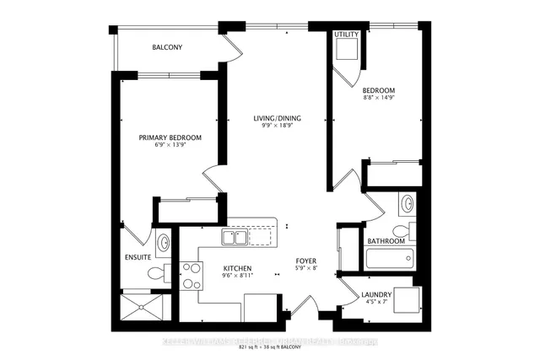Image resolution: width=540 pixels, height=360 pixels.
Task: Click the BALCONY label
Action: pos(167,47)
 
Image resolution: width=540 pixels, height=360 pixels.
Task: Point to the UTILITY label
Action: pos(346,35)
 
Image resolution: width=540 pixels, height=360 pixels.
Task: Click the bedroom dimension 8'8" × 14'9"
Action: pos(379,97)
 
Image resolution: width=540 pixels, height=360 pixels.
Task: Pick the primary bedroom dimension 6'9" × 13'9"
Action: pos(170,147)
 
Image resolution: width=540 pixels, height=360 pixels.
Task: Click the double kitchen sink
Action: pos(235,239)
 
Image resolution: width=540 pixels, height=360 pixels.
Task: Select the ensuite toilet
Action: pos(157,272)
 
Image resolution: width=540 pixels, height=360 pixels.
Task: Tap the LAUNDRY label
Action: pos(375,294)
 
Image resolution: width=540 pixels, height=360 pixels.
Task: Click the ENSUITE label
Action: pos(137,256)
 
